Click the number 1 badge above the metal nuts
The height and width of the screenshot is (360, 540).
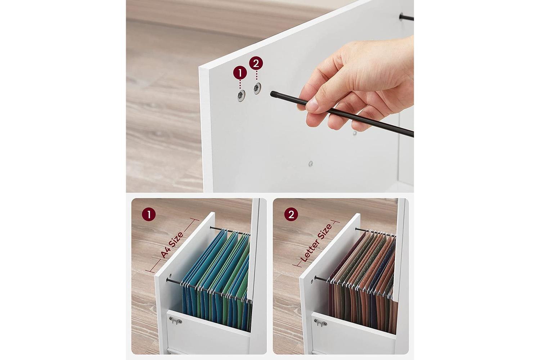tap(240, 73)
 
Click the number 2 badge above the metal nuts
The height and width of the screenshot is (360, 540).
tap(256, 63)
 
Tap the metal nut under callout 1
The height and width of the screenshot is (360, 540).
tap(241, 95)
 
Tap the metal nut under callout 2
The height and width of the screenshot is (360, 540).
tap(257, 88)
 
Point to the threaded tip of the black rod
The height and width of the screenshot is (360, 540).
tap(273, 94)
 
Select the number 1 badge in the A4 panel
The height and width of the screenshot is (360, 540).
tap(149, 214)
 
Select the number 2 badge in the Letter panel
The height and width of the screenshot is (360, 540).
tap(291, 214)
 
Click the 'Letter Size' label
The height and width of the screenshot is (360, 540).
tap(316, 243)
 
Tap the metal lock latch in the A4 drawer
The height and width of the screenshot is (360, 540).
tap(175, 320)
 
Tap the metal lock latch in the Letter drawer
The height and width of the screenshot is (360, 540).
tap(320, 322)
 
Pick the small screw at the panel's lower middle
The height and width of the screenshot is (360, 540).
tap(310, 164)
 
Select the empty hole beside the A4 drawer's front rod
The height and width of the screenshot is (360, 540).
tap(170, 275)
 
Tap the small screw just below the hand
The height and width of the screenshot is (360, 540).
tap(355, 133)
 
